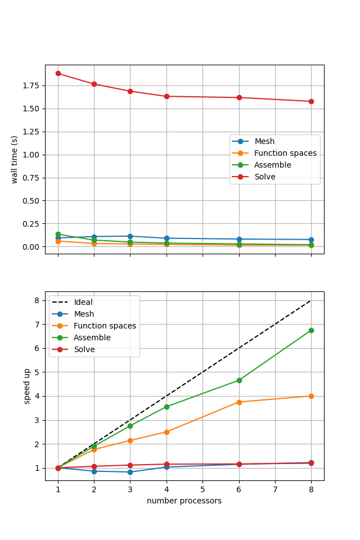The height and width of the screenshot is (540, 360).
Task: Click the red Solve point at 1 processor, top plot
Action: [x=58, y=73]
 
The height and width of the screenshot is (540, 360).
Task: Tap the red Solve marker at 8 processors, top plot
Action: [x=311, y=101]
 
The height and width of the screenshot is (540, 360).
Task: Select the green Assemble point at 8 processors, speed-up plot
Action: [x=311, y=330]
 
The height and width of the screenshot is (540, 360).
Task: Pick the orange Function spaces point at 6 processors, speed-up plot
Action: [x=239, y=402]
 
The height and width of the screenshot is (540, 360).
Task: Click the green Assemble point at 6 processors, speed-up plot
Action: [x=239, y=380]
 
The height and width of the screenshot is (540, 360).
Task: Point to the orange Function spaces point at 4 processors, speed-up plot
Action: [x=166, y=432]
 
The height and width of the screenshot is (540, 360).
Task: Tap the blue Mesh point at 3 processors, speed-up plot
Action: [x=130, y=472]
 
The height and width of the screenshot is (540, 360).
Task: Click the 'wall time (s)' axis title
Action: [x=15, y=159]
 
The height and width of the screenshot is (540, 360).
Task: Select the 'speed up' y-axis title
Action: [x=27, y=386]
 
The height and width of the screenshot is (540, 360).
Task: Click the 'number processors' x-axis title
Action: [x=184, y=501]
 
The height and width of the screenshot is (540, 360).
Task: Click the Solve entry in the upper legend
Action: [x=265, y=177]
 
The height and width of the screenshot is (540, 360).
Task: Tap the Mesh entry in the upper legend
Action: [x=264, y=141]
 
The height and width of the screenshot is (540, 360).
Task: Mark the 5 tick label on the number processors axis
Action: [x=202, y=489]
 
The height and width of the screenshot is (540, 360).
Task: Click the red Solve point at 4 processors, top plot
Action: [x=166, y=96]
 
